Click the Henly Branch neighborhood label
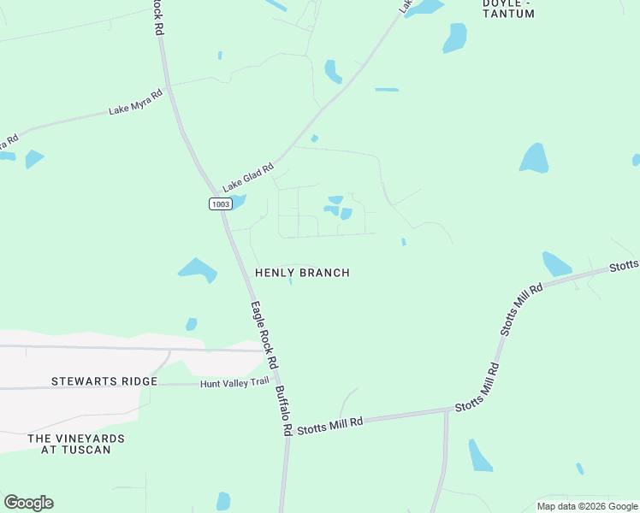point(302,273)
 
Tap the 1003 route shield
point(219,203)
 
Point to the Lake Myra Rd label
point(135,103)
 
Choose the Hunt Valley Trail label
point(234,384)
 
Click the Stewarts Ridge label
point(104,381)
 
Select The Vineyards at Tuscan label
point(76,444)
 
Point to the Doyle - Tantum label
point(508,9)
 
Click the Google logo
point(28,503)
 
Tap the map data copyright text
point(587,506)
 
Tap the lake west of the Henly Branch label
point(198,270)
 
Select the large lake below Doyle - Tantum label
point(455,38)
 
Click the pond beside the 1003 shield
point(237,202)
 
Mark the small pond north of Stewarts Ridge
point(192,324)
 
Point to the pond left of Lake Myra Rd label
point(34,158)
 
